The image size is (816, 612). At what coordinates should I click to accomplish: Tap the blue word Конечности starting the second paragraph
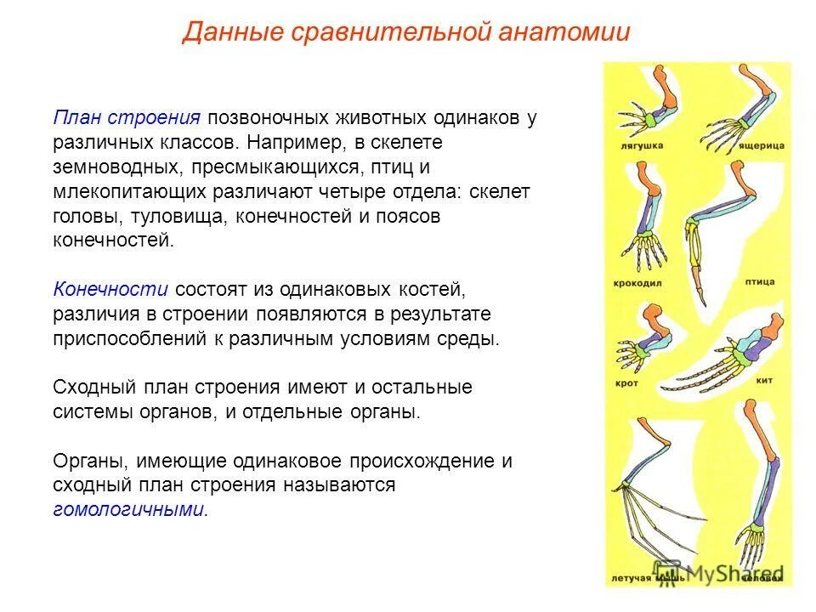(x=110, y=289)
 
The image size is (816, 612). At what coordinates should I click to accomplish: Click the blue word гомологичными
(x=129, y=510)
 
